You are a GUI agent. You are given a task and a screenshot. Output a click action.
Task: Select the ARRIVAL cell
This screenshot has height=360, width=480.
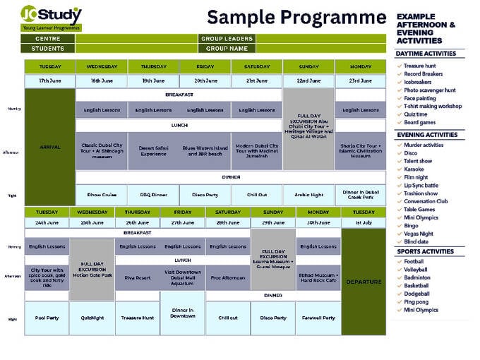50,147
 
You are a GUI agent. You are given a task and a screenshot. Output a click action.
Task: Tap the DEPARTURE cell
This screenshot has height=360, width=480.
364,282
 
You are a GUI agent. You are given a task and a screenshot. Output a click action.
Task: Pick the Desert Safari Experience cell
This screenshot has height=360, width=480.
154,150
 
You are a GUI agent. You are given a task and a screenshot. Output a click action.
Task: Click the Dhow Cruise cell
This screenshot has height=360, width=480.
102,196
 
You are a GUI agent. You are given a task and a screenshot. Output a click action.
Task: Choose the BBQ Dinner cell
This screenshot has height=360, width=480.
154,196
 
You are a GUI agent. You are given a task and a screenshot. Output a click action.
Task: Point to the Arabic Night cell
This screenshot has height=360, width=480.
308,196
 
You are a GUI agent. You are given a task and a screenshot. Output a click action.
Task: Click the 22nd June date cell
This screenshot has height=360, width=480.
308,81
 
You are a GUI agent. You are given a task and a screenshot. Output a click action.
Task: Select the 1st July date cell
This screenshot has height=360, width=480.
364,222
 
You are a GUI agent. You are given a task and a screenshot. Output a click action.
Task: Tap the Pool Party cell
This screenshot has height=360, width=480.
47,318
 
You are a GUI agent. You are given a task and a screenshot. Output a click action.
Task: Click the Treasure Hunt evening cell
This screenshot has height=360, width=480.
137,318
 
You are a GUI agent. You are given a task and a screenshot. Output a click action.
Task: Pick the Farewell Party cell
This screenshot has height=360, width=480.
318,318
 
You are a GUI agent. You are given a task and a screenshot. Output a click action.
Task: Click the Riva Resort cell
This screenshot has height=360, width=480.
137,277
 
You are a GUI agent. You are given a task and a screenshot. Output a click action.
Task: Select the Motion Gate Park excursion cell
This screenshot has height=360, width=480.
92,270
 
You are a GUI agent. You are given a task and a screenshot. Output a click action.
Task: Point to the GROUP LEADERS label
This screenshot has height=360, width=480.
227,39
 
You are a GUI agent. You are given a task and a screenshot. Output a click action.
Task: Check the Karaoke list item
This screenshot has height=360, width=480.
414,169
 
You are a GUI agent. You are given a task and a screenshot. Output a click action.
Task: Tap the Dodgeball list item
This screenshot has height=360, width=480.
418,294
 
